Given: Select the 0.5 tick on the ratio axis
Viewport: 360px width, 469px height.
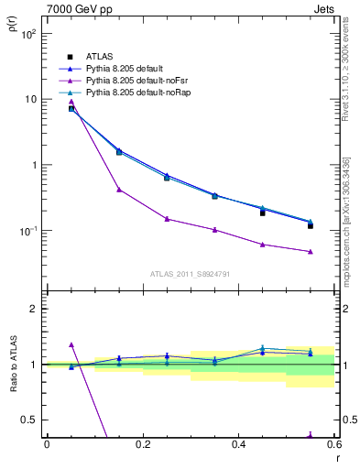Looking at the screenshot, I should (33, 420).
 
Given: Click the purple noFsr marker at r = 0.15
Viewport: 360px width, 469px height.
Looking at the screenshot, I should (119, 190).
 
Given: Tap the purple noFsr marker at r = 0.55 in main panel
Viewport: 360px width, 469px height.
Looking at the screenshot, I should (311, 251).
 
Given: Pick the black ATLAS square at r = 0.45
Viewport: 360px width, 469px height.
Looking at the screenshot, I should (263, 213).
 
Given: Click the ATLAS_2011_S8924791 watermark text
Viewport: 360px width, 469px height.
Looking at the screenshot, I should (190, 274).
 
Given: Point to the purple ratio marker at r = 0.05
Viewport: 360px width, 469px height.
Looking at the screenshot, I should (71, 344).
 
